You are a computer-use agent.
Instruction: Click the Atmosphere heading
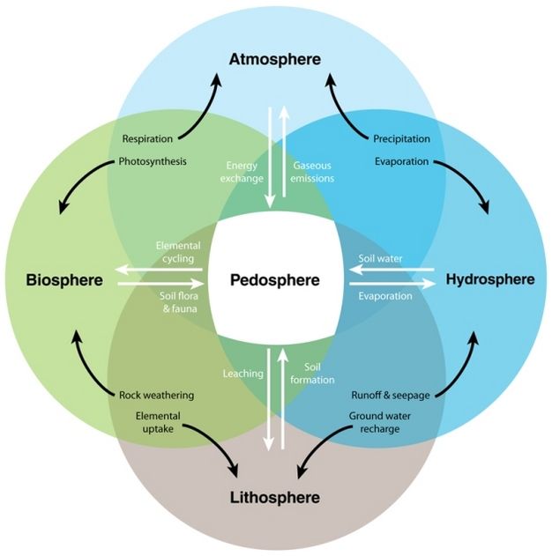tap(275, 60)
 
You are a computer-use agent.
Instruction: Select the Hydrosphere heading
tap(490, 280)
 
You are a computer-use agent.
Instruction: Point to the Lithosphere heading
tap(275, 498)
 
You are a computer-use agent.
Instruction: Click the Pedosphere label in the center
tap(274, 281)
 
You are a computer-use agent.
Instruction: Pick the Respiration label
tap(147, 139)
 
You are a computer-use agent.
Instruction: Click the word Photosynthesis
tap(153, 161)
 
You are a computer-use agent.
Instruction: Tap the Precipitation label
tap(401, 139)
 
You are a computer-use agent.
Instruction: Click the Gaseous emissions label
tap(312, 171)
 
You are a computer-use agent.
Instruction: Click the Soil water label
tap(381, 261)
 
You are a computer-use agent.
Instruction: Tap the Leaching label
tap(242, 373)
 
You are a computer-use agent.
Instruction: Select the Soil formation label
tap(319, 373)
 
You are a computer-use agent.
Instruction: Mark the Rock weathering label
tap(156, 395)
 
